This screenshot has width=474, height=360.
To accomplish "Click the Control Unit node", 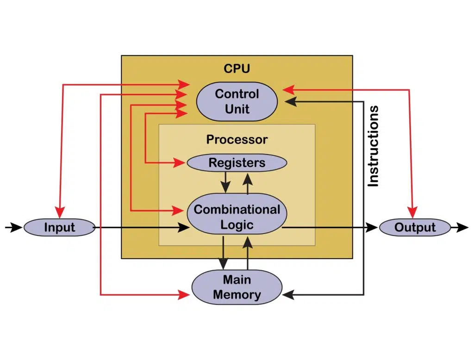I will pyautogui.click(x=237, y=101).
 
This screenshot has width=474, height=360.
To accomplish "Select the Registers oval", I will pyautogui.click(x=237, y=163).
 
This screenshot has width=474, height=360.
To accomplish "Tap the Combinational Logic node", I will pyautogui.click(x=237, y=217).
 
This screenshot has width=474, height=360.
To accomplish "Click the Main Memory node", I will pyautogui.click(x=237, y=287).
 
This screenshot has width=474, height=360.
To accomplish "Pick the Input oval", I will pyautogui.click(x=59, y=227).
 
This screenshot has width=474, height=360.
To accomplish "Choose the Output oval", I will pyautogui.click(x=415, y=227).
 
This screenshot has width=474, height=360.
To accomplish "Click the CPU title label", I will pyautogui.click(x=237, y=69).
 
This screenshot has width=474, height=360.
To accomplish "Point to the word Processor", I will pyautogui.click(x=237, y=139).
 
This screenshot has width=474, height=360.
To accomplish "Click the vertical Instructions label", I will pyautogui.click(x=373, y=146).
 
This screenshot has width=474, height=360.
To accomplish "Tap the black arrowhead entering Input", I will pyautogui.click(x=17, y=227).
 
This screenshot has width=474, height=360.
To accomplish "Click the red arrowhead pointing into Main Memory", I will pyautogui.click(x=184, y=294).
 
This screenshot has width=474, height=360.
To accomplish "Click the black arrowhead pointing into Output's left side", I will pyautogui.click(x=372, y=227).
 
